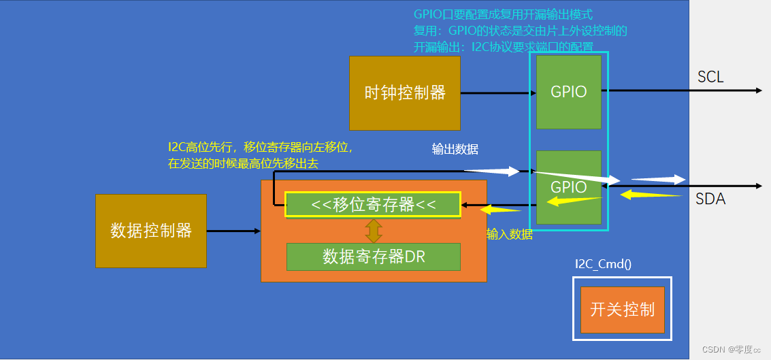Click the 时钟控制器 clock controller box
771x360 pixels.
coord(405,93)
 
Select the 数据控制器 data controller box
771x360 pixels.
coord(150,231)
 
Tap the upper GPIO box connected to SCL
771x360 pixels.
coord(568,92)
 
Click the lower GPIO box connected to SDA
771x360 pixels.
coord(568,187)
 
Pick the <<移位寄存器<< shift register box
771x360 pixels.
coord(373,204)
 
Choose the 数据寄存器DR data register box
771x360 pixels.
coord(373,257)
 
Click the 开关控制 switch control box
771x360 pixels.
coord(622,310)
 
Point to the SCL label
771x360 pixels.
coord(710,77)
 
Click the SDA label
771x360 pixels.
coord(710,199)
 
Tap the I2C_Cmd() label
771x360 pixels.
coord(603,264)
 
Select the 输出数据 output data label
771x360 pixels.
coord(455,150)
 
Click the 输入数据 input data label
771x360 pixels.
coord(509,235)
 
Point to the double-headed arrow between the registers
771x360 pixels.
coord(373,230)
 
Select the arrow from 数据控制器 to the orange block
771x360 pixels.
coord(233,231)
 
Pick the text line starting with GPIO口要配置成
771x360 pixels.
coord(503,14)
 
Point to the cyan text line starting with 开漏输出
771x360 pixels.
coord(503,47)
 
